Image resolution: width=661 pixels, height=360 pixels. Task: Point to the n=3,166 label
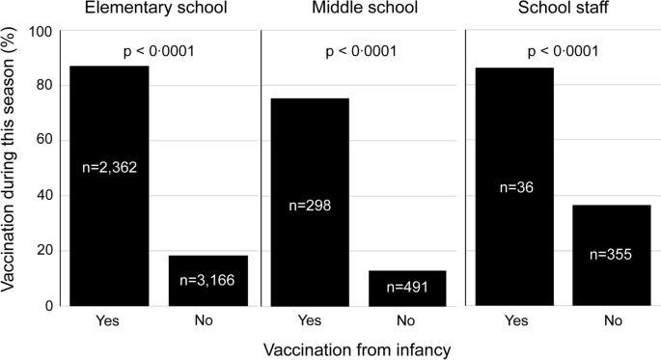[208, 281]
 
